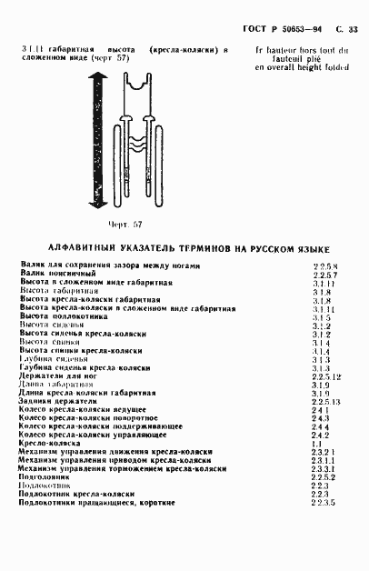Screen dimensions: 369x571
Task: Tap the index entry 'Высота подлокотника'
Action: (63, 316)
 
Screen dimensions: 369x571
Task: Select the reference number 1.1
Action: (315, 443)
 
